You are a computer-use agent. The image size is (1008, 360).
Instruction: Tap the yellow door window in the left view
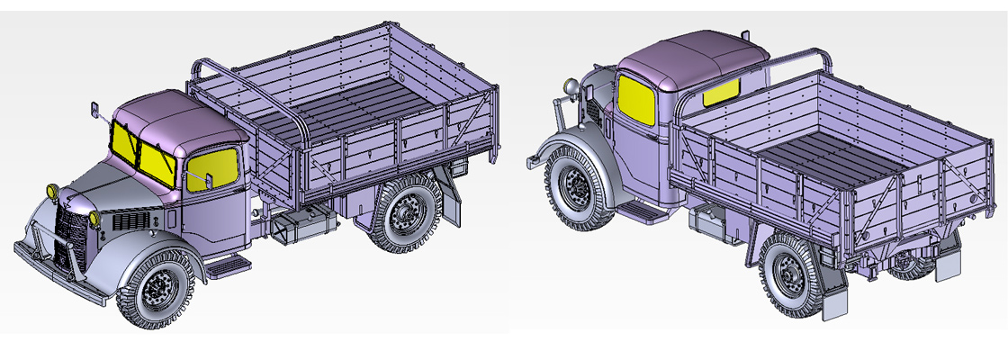click(x=212, y=166)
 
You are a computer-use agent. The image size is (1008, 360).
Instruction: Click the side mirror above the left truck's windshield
click(x=94, y=112)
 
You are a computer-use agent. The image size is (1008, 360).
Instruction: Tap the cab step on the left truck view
click(x=229, y=264)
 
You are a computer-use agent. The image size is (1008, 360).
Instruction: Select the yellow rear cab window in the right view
click(x=721, y=90)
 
